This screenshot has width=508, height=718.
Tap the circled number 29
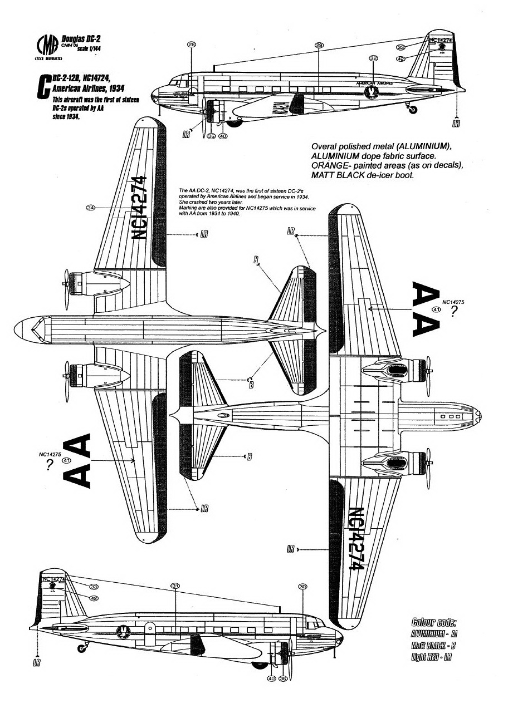coord(319,45)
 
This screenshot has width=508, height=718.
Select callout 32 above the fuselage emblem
coord(374,58)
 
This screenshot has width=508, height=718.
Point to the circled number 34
coord(91,207)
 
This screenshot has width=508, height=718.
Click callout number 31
coord(175,586)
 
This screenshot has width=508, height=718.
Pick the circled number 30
coord(303,587)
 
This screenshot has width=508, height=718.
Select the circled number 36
coord(283,678)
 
